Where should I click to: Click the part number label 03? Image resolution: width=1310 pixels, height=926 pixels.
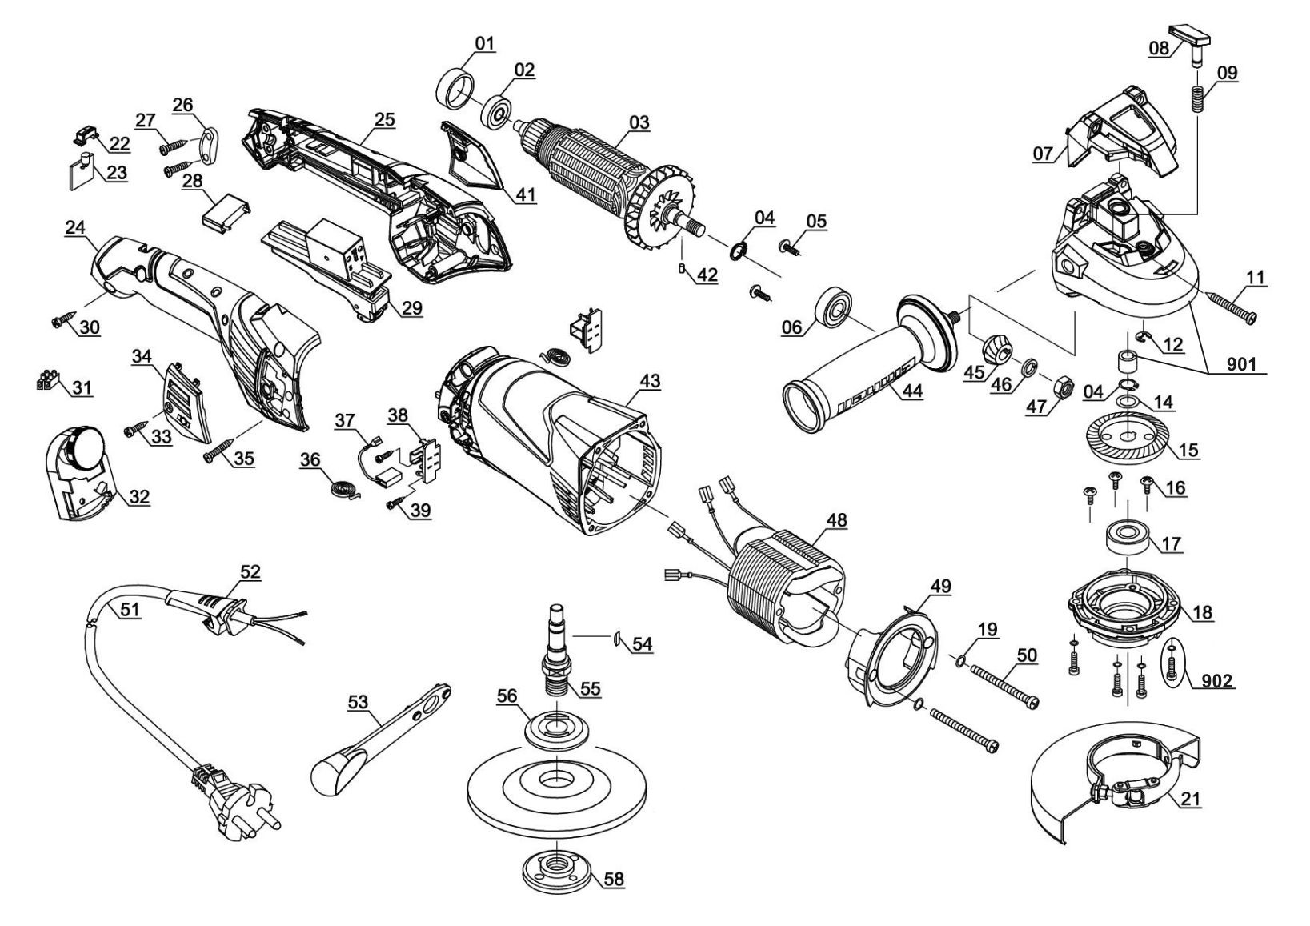pyautogui.click(x=639, y=122)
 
